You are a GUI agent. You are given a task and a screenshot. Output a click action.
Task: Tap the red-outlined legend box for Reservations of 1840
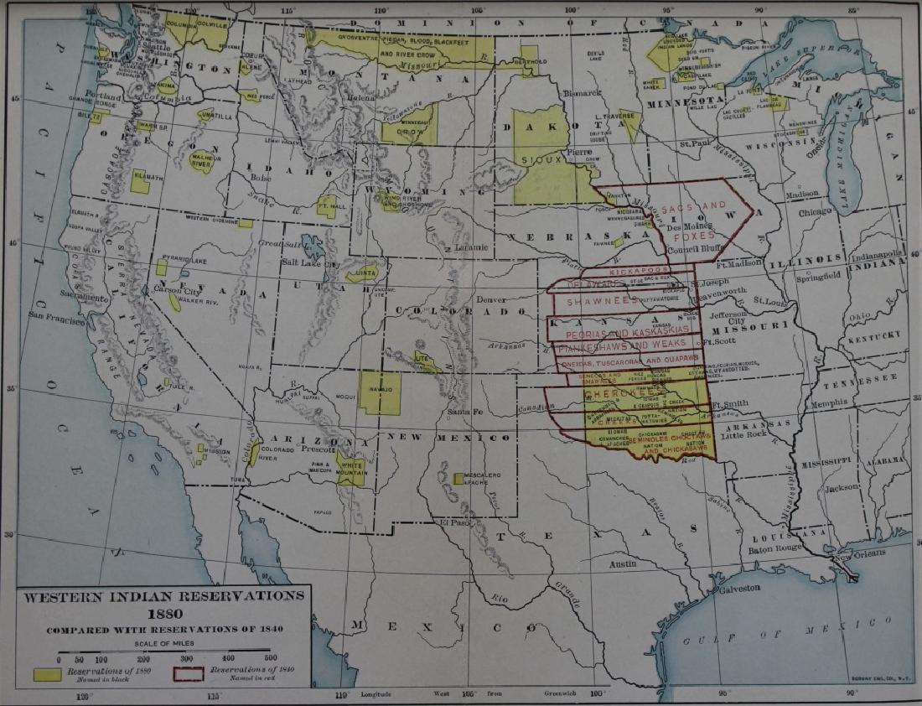pos(188,673)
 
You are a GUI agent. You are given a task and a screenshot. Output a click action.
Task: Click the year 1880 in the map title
pos(163,612)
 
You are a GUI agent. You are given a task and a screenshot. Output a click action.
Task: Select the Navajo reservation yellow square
pos(380,392)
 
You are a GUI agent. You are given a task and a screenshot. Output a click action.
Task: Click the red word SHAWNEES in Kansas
pos(598,300)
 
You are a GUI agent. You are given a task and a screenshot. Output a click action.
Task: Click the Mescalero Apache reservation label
pos(483,480)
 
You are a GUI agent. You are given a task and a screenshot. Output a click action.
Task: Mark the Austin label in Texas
pos(622,564)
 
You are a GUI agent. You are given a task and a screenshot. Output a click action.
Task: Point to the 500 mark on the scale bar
pos(270,659)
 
